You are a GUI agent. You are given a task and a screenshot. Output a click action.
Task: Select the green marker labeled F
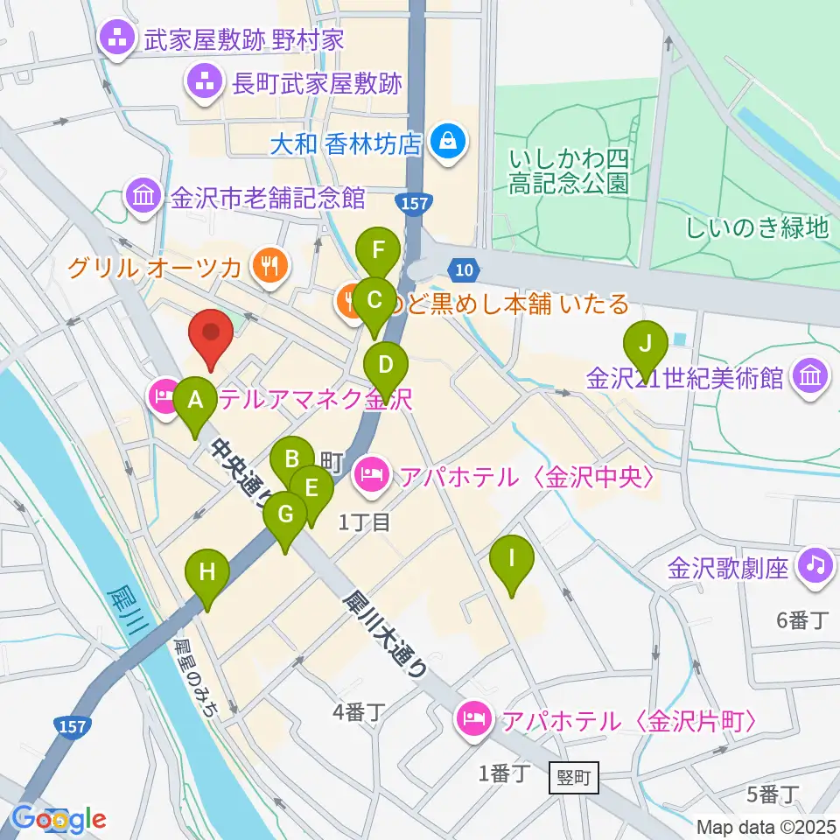(378, 252)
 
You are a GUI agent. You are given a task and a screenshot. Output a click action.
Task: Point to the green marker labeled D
(386, 366)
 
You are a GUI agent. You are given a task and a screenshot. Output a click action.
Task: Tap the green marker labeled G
(285, 516)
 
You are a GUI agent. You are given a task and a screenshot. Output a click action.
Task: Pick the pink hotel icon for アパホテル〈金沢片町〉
(473, 722)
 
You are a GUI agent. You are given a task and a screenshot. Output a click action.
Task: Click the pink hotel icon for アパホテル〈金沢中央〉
(370, 476)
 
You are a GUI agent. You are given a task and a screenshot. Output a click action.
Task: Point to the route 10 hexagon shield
(465, 271)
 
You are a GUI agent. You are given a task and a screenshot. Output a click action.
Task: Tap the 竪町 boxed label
(575, 776)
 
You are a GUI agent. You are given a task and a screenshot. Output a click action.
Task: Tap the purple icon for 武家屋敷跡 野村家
(115, 38)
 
